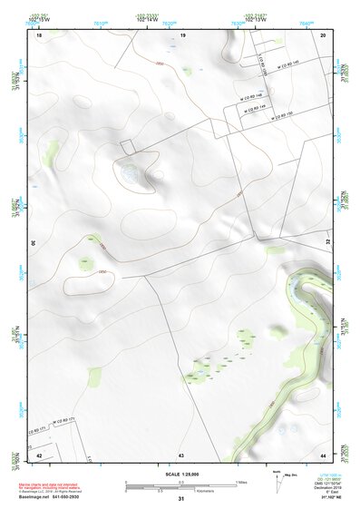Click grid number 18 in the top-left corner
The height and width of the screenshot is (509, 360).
(x=39, y=34)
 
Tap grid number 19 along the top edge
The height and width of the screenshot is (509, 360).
(x=182, y=34)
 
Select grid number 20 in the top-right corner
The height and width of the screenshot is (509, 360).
(x=324, y=34)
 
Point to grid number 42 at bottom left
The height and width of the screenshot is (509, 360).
(x=39, y=454)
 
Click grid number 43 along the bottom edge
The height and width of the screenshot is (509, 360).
(x=181, y=454)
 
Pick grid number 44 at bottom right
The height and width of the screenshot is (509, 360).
(x=324, y=454)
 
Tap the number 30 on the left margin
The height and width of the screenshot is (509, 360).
(x=34, y=244)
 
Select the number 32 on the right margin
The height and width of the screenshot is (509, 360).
(x=328, y=244)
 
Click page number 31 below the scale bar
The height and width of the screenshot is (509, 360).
(x=181, y=498)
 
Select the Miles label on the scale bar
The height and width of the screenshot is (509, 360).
(x=241, y=481)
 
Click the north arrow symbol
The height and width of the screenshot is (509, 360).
(x=276, y=482)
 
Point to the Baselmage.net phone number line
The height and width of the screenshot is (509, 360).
(x=63, y=496)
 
